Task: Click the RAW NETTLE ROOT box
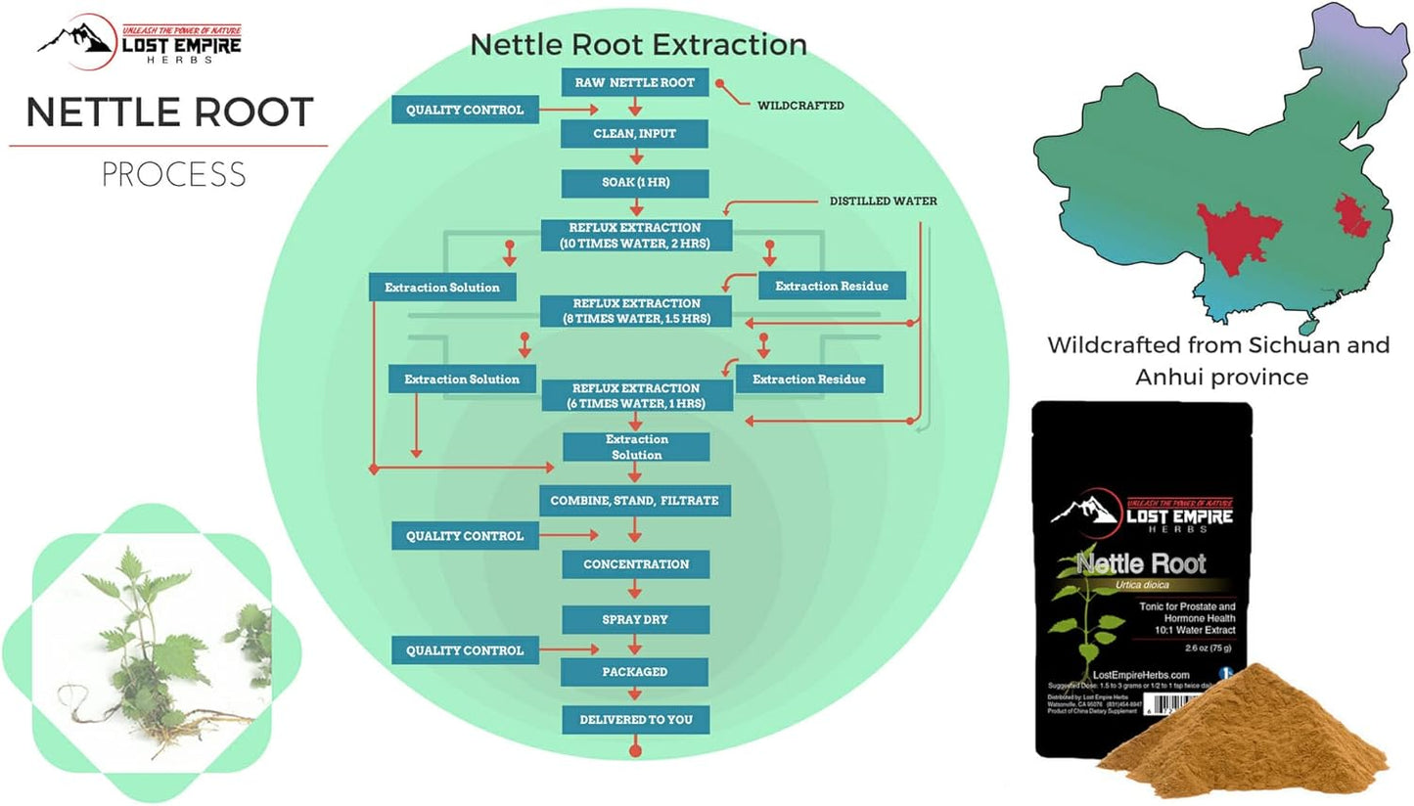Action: [x=634, y=83]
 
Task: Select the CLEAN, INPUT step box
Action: [x=634, y=134]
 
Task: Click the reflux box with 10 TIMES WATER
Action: [x=634, y=235]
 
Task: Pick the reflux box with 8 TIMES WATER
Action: [x=634, y=311]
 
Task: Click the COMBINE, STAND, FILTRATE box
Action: [x=634, y=501]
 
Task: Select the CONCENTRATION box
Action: [x=636, y=564]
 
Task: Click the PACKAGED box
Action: [x=634, y=672]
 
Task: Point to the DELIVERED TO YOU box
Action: [x=635, y=720]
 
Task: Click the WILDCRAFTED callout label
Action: [x=800, y=105]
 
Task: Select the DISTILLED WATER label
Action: [x=883, y=201]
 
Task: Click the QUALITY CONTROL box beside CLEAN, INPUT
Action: [x=465, y=110]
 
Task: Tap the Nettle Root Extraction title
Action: [x=638, y=45]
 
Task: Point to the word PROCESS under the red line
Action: [x=173, y=174]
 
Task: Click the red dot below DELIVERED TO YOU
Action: [x=635, y=751]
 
